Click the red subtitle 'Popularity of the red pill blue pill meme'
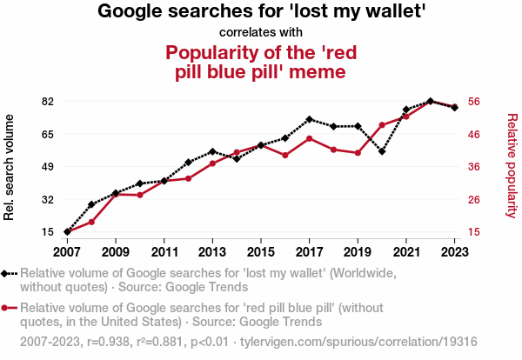pos(261,61)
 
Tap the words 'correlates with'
pos(261,33)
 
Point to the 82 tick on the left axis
pos(48,102)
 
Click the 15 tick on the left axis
pos(48,232)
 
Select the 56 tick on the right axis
pos(474,102)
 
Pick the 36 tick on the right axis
pos(474,167)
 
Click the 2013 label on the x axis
pos(212,252)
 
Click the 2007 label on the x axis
pos(67,252)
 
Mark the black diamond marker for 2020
pos(382,151)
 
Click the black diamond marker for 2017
pos(310,119)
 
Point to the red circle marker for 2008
pos(91,222)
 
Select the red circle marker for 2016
pos(285,156)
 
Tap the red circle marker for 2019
pos(358,153)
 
